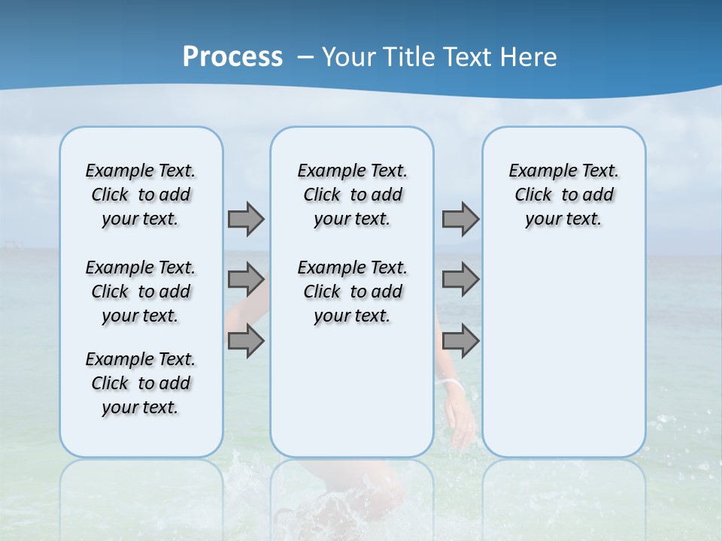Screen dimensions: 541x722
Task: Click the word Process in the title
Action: click(x=232, y=57)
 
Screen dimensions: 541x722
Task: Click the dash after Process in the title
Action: click(x=305, y=58)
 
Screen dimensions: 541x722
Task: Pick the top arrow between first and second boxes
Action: click(x=246, y=219)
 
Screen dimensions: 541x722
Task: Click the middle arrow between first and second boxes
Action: click(x=246, y=280)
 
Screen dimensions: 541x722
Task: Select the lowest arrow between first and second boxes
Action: click(x=246, y=341)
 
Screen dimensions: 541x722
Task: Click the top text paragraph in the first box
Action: click(x=141, y=195)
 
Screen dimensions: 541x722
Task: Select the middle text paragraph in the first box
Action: click(x=141, y=292)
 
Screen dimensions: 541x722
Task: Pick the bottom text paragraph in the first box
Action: click(x=141, y=383)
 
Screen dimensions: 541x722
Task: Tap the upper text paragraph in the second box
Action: click(x=352, y=195)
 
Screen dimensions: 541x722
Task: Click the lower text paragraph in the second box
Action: click(x=352, y=292)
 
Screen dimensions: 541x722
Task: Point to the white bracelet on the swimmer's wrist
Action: click(x=452, y=384)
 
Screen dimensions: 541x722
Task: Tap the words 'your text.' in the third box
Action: click(x=563, y=219)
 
